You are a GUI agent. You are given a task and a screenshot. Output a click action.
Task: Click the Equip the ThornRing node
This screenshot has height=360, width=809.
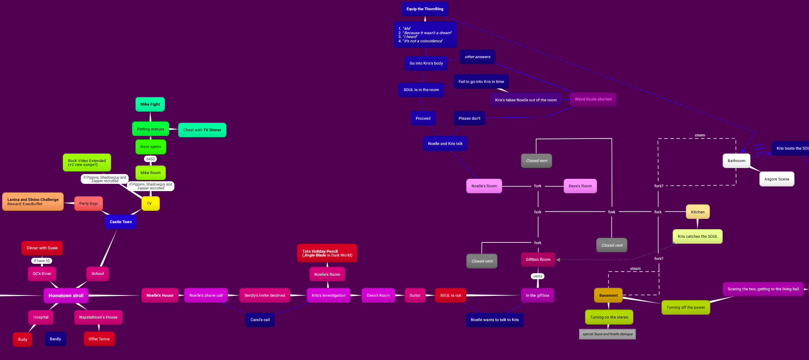pos(424,9)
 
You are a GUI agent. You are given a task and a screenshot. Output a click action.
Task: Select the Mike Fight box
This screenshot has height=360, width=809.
pos(150,104)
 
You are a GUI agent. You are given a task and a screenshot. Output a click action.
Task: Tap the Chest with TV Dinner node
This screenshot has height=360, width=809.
pos(202,130)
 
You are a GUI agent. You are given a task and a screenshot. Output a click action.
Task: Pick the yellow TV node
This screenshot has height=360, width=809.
pos(150,204)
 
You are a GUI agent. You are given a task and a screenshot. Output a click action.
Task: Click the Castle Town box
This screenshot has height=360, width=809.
pos(121,222)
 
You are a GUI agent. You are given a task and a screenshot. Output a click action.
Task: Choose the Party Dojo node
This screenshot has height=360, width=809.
pos(88,204)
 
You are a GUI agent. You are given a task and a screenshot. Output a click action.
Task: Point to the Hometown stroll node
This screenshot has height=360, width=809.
pos(66,295)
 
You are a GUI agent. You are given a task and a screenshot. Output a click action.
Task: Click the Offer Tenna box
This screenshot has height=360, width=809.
pos(99,339)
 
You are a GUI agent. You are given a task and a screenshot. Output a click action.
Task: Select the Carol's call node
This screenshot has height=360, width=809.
pos(260,320)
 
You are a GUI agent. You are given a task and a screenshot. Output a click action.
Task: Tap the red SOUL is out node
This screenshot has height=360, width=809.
pos(450,295)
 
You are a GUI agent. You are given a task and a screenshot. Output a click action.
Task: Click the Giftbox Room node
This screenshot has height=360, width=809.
pos(538,260)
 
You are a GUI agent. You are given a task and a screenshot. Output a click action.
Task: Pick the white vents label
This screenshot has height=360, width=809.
pos(538,276)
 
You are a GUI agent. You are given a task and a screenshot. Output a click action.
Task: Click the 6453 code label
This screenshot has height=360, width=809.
pos(150,159)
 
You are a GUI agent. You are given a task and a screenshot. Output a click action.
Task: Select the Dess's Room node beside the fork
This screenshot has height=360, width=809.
pos(580,186)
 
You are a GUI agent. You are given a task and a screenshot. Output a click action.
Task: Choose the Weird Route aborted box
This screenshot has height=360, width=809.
pos(593,99)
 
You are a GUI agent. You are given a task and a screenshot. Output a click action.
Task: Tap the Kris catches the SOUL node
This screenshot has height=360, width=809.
pos(697,236)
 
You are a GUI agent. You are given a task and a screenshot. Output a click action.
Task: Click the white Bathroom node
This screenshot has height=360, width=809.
pos(736,161)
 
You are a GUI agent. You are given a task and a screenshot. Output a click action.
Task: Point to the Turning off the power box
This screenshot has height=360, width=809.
pos(685,307)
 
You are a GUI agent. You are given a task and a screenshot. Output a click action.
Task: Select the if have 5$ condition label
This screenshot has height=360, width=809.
pos(42,261)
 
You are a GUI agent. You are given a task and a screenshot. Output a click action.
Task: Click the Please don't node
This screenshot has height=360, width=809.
pos(469,118)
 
